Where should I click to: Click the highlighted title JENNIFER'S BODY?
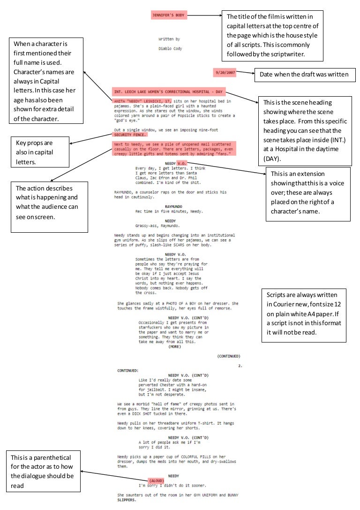click(169, 15)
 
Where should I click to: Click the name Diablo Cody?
click(170, 48)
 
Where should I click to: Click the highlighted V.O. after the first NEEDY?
click(182, 163)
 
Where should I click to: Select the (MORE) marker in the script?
click(174, 347)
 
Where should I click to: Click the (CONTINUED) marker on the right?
click(229, 356)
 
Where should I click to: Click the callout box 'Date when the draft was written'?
click(305, 74)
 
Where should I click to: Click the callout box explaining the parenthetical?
click(44, 472)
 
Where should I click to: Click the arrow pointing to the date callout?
click(247, 74)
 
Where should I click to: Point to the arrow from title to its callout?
click(204, 15)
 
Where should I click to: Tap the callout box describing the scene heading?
click(305, 130)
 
